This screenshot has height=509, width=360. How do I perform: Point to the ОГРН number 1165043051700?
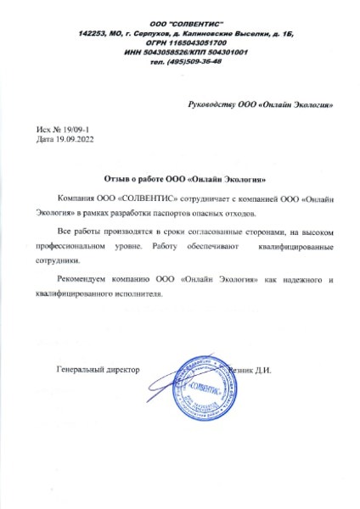(x=194, y=41)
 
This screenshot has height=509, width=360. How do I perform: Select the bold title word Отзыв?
(x=120, y=180)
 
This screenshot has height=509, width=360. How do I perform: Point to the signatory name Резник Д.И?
(x=250, y=372)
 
